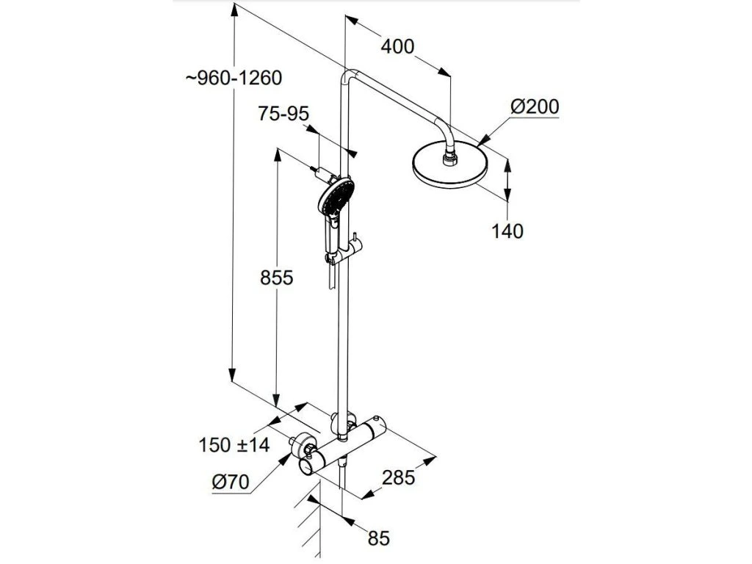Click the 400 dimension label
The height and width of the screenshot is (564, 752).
(398, 46)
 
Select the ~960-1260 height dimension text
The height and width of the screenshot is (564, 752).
(234, 77)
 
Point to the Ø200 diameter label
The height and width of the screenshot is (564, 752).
(535, 107)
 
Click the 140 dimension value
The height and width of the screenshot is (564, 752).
(507, 231)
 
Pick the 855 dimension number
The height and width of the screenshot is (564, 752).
(276, 278)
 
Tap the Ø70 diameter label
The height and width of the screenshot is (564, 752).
(231, 482)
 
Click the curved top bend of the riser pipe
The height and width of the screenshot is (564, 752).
(350, 76)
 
